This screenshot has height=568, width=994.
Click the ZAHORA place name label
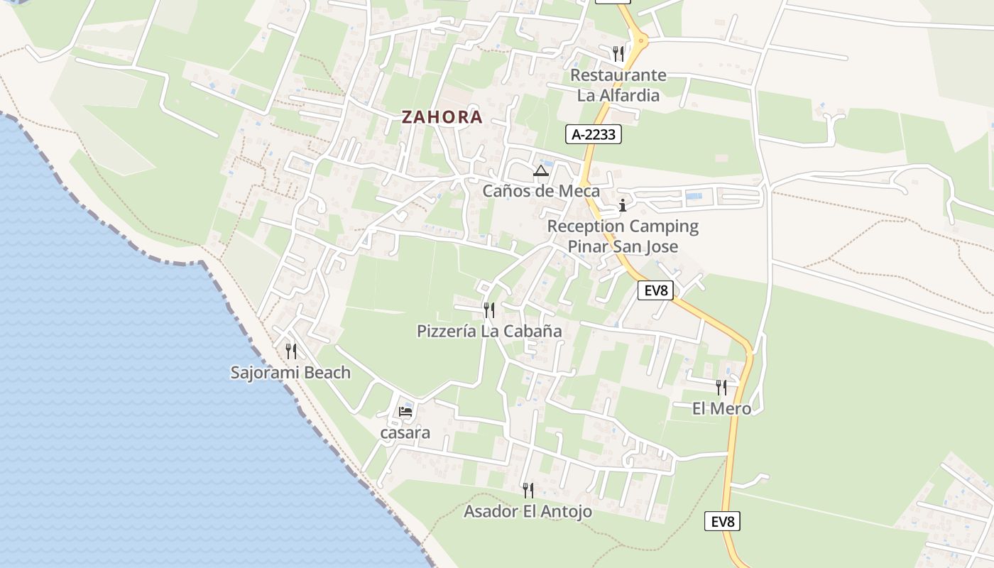click(442, 117)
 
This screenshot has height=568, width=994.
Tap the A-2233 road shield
click(594, 134)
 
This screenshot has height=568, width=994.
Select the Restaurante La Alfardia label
click(618, 85)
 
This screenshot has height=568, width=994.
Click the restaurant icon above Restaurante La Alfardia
click(618, 53)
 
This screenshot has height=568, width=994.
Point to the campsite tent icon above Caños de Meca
click(541, 171)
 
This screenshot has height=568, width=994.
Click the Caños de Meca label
click(541, 191)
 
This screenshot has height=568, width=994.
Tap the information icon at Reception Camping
click(623, 206)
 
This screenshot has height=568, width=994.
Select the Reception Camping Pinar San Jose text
click(623, 236)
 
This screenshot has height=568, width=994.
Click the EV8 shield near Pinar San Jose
click(655, 290)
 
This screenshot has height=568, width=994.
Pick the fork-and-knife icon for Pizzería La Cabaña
click(489, 310)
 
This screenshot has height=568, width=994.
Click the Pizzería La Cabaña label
click(489, 331)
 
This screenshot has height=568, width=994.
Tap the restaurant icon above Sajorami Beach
click(291, 351)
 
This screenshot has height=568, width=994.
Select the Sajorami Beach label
click(290, 372)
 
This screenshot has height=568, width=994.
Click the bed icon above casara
click(405, 411)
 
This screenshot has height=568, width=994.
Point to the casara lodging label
click(405, 432)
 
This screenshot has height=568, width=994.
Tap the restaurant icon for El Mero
click(721, 387)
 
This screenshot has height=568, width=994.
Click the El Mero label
click(721, 408)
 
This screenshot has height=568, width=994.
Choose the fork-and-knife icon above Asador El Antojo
click(528, 490)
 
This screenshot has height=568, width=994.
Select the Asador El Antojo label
click(528, 511)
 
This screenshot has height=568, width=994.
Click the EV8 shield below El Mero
click(723, 521)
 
